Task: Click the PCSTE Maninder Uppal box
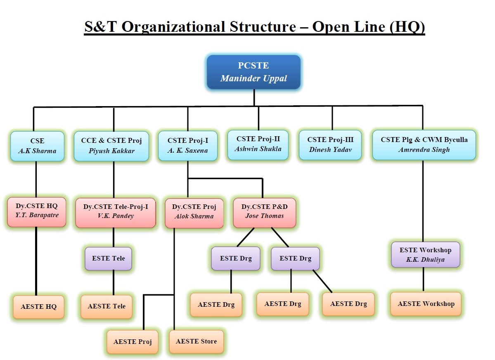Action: (x=253, y=72)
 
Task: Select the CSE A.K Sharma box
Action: (x=37, y=146)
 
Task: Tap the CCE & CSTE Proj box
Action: (x=111, y=146)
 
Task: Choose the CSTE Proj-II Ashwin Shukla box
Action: (x=258, y=144)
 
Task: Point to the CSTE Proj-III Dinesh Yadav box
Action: (x=330, y=144)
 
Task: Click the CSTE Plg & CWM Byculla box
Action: (x=424, y=144)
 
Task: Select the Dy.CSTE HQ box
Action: (x=37, y=212)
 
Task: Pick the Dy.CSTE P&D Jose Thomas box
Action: (x=265, y=213)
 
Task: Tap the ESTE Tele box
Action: (x=108, y=258)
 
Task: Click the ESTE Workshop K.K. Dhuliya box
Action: (x=426, y=255)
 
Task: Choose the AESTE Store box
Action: (x=197, y=341)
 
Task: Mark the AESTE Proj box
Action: (x=132, y=342)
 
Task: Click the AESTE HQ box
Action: (x=38, y=307)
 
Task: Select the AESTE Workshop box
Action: (x=426, y=304)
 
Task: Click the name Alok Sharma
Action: (x=194, y=216)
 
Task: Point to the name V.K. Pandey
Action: (x=116, y=216)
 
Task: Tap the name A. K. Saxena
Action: (x=187, y=151)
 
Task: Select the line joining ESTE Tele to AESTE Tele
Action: (x=114, y=283)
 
